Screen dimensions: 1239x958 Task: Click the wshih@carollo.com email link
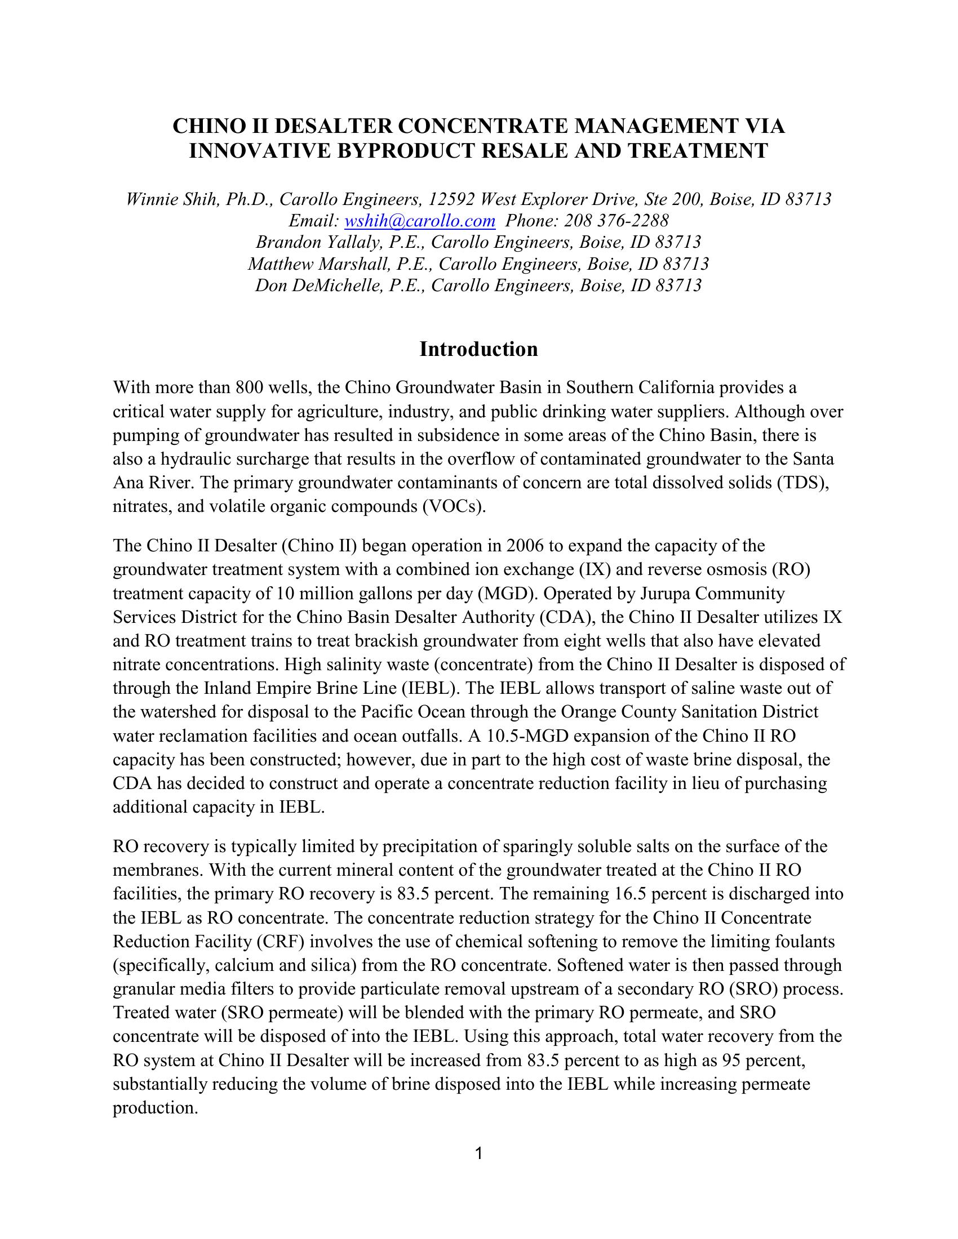click(x=420, y=221)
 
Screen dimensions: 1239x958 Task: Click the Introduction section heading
click(x=478, y=349)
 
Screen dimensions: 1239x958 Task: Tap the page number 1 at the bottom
click(x=478, y=1153)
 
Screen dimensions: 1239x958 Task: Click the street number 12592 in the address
click(x=452, y=199)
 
